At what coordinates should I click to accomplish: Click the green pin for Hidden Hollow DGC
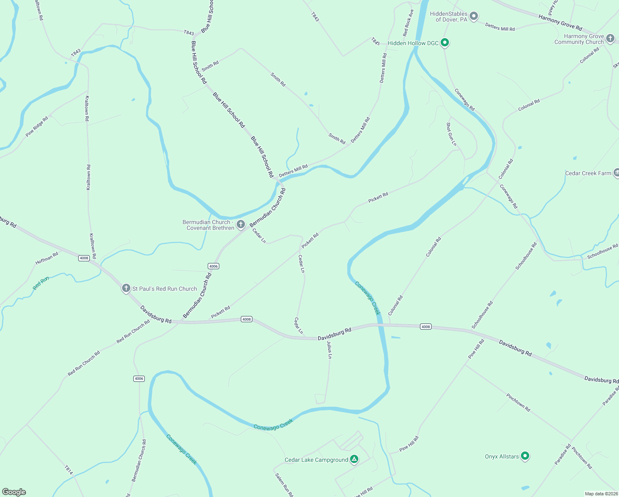click(445, 42)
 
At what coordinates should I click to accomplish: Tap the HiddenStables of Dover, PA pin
click(474, 16)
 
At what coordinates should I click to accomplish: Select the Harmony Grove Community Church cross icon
click(610, 39)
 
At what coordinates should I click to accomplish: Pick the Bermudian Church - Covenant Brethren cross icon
click(241, 224)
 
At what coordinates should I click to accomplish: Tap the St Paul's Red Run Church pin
click(126, 288)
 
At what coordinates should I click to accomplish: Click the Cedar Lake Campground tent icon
click(354, 459)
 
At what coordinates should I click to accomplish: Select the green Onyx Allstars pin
click(525, 456)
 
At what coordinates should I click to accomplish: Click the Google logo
click(14, 492)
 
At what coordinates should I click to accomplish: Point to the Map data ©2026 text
click(600, 494)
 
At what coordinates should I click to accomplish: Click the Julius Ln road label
click(329, 350)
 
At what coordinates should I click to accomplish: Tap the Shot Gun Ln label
click(451, 134)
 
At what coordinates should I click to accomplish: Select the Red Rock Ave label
click(408, 23)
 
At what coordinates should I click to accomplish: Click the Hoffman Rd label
click(47, 258)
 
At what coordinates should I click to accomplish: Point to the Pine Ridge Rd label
click(37, 126)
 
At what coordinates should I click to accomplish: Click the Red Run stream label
click(41, 283)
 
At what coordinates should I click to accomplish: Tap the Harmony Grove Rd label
click(560, 22)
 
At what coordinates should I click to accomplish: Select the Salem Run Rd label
click(284, 485)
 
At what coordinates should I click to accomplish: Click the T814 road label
click(69, 470)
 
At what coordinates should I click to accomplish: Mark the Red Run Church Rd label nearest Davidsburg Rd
click(133, 331)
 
